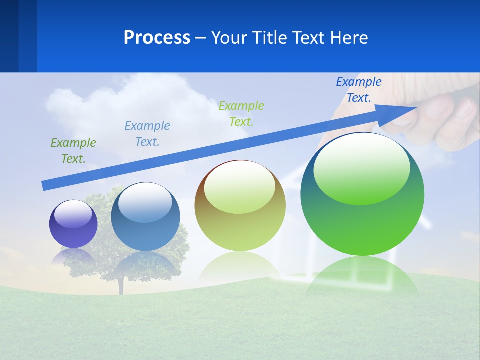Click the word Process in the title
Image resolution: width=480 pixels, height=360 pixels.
click(x=157, y=37)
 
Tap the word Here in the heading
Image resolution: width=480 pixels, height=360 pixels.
click(x=348, y=37)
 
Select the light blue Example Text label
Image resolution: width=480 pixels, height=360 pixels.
click(x=147, y=134)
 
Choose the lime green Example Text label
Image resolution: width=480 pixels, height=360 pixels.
click(x=241, y=114)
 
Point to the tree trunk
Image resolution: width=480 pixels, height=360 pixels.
click(x=120, y=285)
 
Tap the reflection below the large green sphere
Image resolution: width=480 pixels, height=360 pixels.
click(x=362, y=275)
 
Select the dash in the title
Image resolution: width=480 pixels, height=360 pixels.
click(x=201, y=37)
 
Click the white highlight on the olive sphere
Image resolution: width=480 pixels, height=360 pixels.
click(x=240, y=186)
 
